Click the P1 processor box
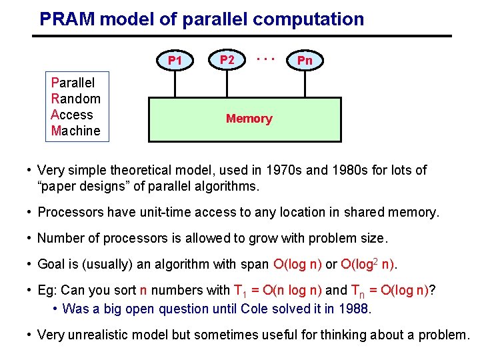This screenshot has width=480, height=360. pyautogui.click(x=175, y=61)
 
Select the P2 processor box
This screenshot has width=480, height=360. pyautogui.click(x=227, y=60)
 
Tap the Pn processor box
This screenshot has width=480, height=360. pyautogui.click(x=305, y=61)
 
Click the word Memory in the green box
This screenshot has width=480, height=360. pyautogui.click(x=249, y=119)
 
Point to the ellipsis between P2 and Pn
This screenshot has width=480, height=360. pyautogui.click(x=266, y=59)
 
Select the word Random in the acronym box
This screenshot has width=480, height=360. pyautogui.click(x=75, y=99)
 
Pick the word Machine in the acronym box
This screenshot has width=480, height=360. pyautogui.click(x=75, y=131)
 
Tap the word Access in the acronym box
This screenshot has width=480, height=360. pyautogui.click(x=71, y=115)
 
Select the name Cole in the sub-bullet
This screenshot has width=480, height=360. pyautogui.click(x=254, y=309)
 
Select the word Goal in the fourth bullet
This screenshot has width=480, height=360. pyautogui.click(x=51, y=264)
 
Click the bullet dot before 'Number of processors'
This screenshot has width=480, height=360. pyautogui.click(x=30, y=238)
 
